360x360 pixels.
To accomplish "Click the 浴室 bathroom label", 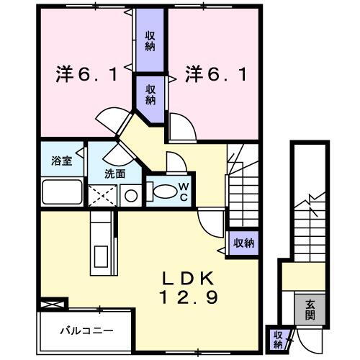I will (x=62, y=161).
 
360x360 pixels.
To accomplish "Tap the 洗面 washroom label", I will (x=114, y=174).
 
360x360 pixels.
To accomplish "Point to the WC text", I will (x=183, y=192).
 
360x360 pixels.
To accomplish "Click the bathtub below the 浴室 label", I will (x=63, y=193).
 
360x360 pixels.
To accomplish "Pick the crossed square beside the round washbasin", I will (x=102, y=195).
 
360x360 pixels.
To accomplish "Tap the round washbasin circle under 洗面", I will (x=130, y=194).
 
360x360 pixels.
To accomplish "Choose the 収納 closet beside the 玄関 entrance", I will (x=277, y=338).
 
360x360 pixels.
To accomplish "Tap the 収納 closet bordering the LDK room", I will (x=243, y=243).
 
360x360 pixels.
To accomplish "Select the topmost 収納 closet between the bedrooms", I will (x=150, y=41).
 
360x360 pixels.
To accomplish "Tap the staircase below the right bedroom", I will (x=243, y=187).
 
